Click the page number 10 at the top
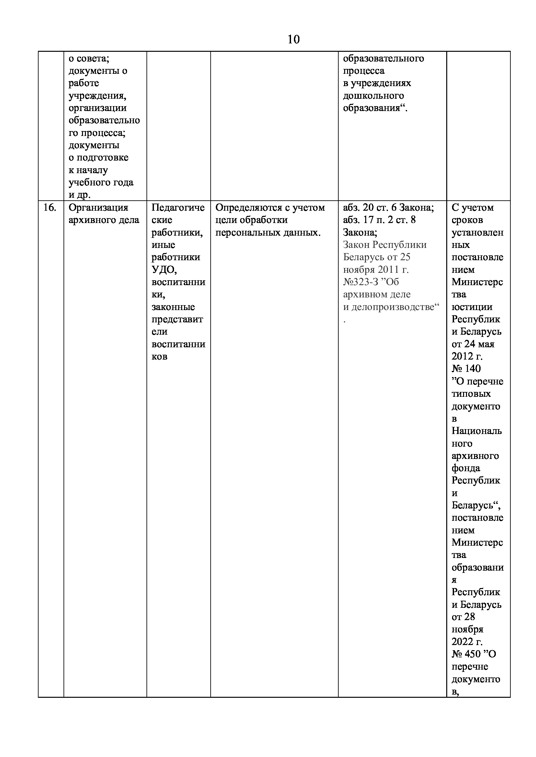pos(293,39)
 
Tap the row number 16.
pos(50,208)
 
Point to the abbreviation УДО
pos(164,270)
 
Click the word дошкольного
pos(373,96)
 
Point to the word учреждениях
pos(380,83)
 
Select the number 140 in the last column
pos(472,369)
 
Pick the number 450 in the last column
pos(472,654)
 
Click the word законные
pos(173,307)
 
